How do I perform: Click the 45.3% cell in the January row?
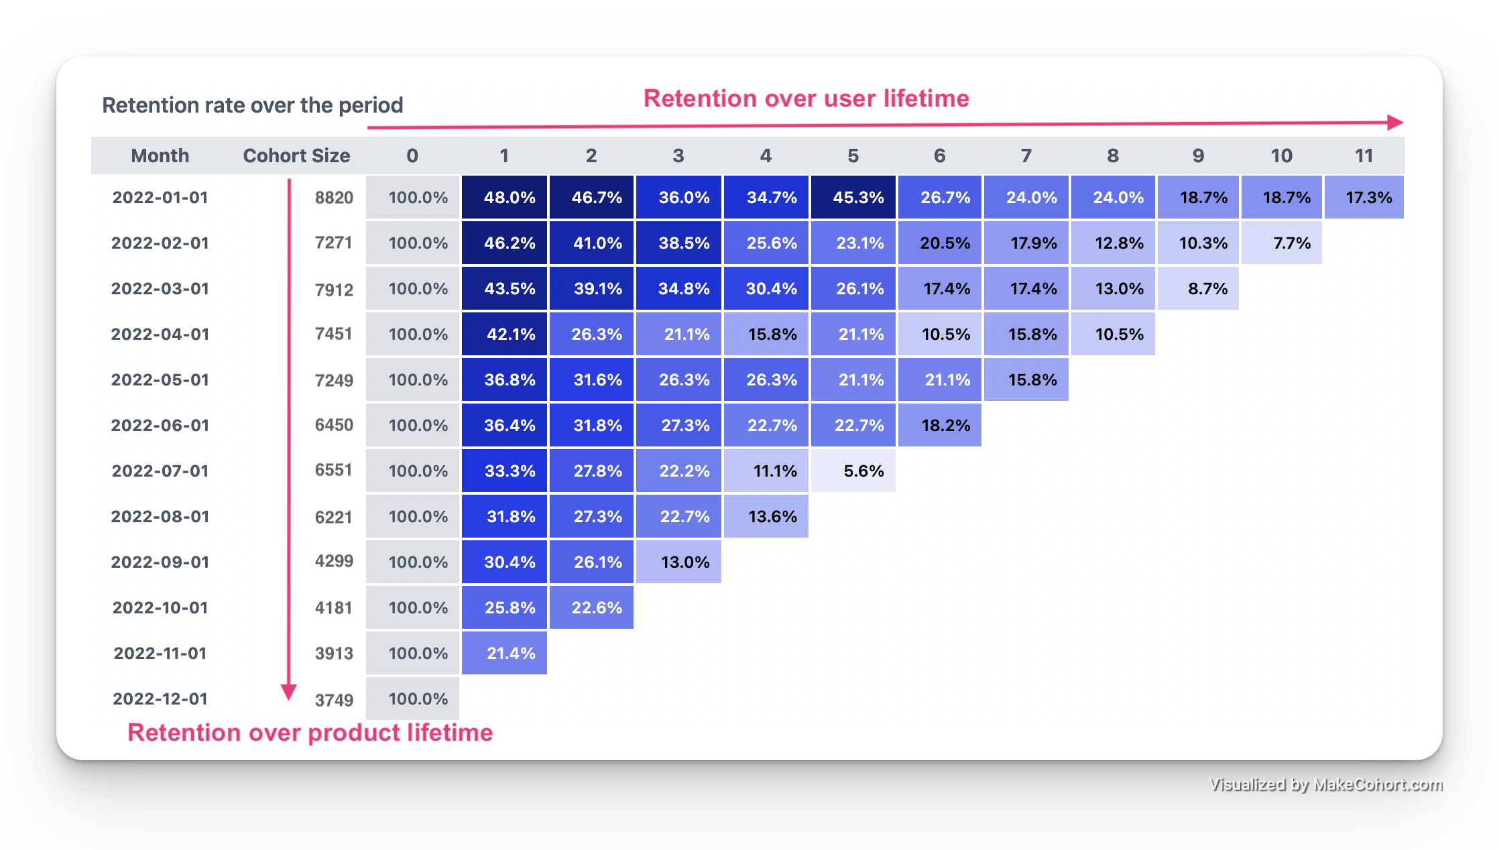pos(853,197)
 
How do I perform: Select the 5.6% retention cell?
pos(853,471)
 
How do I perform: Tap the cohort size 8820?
pos(334,197)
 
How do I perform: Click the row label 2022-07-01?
pos(160,471)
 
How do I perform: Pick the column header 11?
pos(1364,156)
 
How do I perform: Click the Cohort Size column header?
pos(296,156)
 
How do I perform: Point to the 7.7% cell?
pos(1281,243)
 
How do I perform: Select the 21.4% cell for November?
pos(504,653)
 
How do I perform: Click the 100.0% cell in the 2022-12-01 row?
pos(413,699)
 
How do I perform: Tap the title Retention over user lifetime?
pos(806,99)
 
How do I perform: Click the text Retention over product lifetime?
pos(310,733)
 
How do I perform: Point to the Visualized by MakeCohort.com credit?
pos(1325,784)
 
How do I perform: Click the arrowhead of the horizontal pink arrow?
pos(1395,122)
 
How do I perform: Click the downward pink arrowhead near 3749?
pos(289,692)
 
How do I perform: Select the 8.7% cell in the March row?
pos(1198,288)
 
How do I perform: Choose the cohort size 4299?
pos(334,561)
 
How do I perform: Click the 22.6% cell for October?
pos(591,607)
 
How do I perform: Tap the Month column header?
pos(160,156)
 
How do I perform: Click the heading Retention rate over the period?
pos(252,105)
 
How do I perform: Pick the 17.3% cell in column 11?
pos(1364,197)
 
